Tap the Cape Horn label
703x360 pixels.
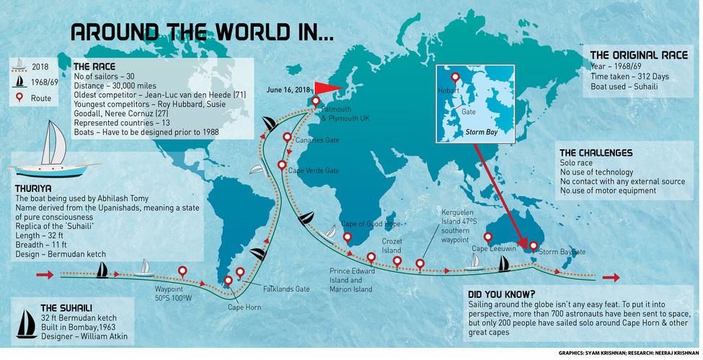pos(244,306)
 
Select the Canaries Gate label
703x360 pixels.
pos(317,140)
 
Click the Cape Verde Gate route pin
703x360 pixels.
pos(282,165)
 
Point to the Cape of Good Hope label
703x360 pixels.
pos(371,224)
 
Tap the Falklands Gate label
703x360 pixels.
pos(286,289)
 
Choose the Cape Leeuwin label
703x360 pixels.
pos(495,249)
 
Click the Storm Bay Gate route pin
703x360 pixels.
pos(533,246)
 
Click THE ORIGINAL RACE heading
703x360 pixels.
pos(638,55)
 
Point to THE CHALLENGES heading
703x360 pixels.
pos(596,153)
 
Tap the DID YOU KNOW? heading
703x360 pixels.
pos(501,294)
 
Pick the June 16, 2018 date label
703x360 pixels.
pos(288,89)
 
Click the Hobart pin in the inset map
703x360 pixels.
pos(455,76)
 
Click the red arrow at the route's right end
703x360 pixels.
pos(611,277)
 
